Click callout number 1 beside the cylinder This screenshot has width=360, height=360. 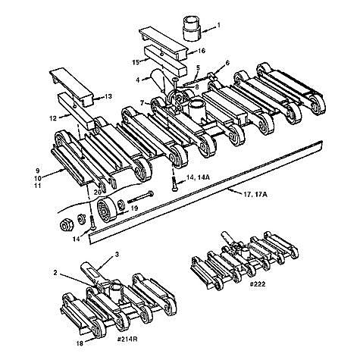pyautogui.click(x=220, y=25)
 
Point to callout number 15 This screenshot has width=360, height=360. pyautogui.click(x=135, y=60)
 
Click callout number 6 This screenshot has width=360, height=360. pyautogui.click(x=227, y=64)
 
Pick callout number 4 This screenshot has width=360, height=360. pyautogui.click(x=138, y=78)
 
